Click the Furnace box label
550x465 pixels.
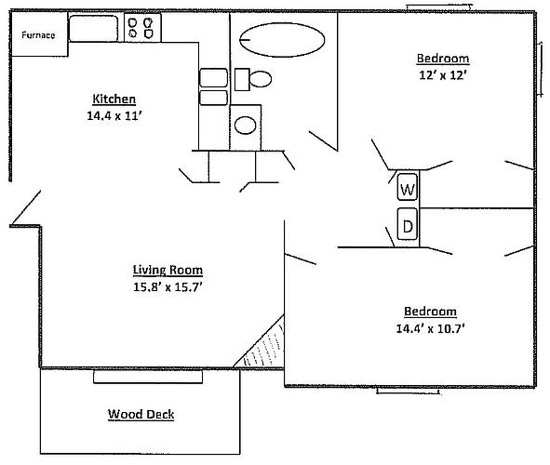(x=38, y=35)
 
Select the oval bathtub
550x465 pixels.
(x=283, y=40)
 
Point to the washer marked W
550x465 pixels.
(x=408, y=189)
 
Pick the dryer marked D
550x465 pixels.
(x=408, y=225)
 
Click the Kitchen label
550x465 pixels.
(x=114, y=100)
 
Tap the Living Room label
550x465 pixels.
(x=167, y=270)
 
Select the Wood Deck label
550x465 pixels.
(x=141, y=414)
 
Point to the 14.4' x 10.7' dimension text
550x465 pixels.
(x=430, y=327)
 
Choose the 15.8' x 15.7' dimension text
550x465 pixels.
(x=168, y=286)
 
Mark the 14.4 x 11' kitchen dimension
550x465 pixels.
(x=114, y=116)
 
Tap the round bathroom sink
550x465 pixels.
(x=246, y=125)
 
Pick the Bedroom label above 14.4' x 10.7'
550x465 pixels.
(x=430, y=311)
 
